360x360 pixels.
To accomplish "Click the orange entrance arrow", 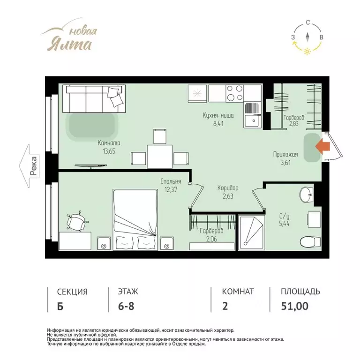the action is click(322, 146).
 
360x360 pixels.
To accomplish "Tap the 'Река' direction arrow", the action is click(29, 166).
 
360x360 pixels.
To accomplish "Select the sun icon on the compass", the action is click(307, 51).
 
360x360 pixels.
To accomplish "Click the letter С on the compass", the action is click(307, 22).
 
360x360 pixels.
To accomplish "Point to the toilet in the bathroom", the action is click(310, 242).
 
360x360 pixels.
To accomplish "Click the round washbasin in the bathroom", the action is click(306, 195).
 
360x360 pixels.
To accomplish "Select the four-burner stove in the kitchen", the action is click(234, 93).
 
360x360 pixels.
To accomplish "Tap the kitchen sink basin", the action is click(252, 121).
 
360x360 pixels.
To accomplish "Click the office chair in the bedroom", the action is click(76, 221).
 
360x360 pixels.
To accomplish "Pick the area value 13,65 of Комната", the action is click(109, 151).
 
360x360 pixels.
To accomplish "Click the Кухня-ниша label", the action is click(218, 115).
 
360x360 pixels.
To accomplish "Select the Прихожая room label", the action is click(285, 154).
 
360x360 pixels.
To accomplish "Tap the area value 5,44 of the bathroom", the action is click(284, 224).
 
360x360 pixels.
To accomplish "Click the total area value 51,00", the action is click(294, 306).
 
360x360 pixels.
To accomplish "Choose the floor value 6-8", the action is click(126, 306).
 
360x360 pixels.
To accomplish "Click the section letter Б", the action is click(60, 306).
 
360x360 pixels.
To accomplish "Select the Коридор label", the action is click(228, 188).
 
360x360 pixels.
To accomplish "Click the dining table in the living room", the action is click(159, 157).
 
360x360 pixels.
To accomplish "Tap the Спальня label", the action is click(171, 181).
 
